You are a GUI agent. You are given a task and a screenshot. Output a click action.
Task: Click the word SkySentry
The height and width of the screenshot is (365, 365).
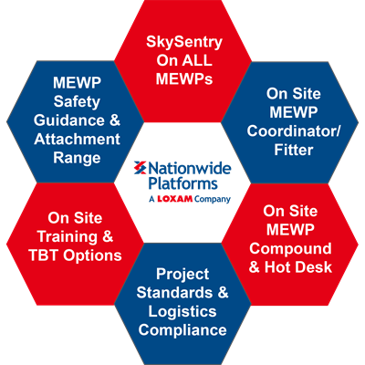pos(184,42)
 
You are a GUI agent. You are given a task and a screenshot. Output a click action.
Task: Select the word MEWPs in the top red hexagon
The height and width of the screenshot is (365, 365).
pos(184,79)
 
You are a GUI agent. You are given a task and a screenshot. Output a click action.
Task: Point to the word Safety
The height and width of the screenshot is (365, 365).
pos(77,102)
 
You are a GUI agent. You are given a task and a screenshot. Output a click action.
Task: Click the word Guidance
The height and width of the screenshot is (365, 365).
pos(69,120)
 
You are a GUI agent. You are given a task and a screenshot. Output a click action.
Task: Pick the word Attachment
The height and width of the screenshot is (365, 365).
pos(77,139)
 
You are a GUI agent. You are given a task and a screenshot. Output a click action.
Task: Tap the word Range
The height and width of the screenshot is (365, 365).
pos(77,159)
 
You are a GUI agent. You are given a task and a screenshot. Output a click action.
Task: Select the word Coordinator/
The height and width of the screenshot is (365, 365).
pos(294,131)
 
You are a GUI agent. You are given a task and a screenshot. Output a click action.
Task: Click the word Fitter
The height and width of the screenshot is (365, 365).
pos(294,150)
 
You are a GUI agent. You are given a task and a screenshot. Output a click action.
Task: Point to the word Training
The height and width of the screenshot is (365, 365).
pos(67,237)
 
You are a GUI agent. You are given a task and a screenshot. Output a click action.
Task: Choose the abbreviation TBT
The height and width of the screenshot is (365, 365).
pos(44,255)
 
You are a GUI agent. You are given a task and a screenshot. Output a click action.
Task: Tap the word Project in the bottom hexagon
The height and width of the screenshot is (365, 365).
pos(182,275)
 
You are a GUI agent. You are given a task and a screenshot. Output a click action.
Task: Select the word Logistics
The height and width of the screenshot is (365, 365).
pos(182,312)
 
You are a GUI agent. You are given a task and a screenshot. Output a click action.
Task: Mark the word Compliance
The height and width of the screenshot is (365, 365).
pos(182,330)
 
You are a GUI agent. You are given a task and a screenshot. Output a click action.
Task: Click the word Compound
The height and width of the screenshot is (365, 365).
pos(290,249)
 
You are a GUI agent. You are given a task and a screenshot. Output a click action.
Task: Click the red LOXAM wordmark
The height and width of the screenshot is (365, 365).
pos(175,199)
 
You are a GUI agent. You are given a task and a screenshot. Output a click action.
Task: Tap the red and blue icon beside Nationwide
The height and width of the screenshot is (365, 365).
pos(141,168)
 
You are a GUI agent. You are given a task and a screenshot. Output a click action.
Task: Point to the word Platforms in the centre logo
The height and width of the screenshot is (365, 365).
pos(183,183)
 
